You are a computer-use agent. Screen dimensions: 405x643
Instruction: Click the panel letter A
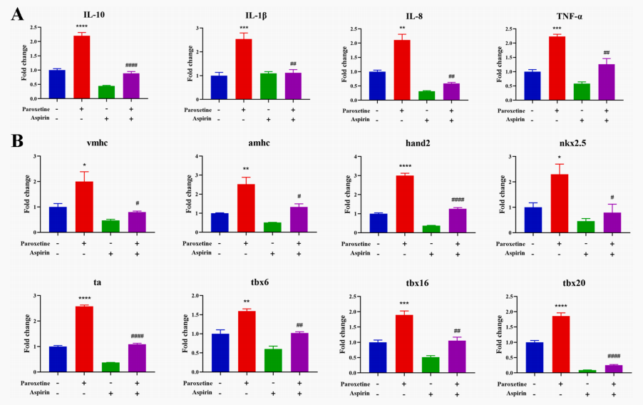[19, 14]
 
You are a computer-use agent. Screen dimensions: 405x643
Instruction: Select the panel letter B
[19, 140]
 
